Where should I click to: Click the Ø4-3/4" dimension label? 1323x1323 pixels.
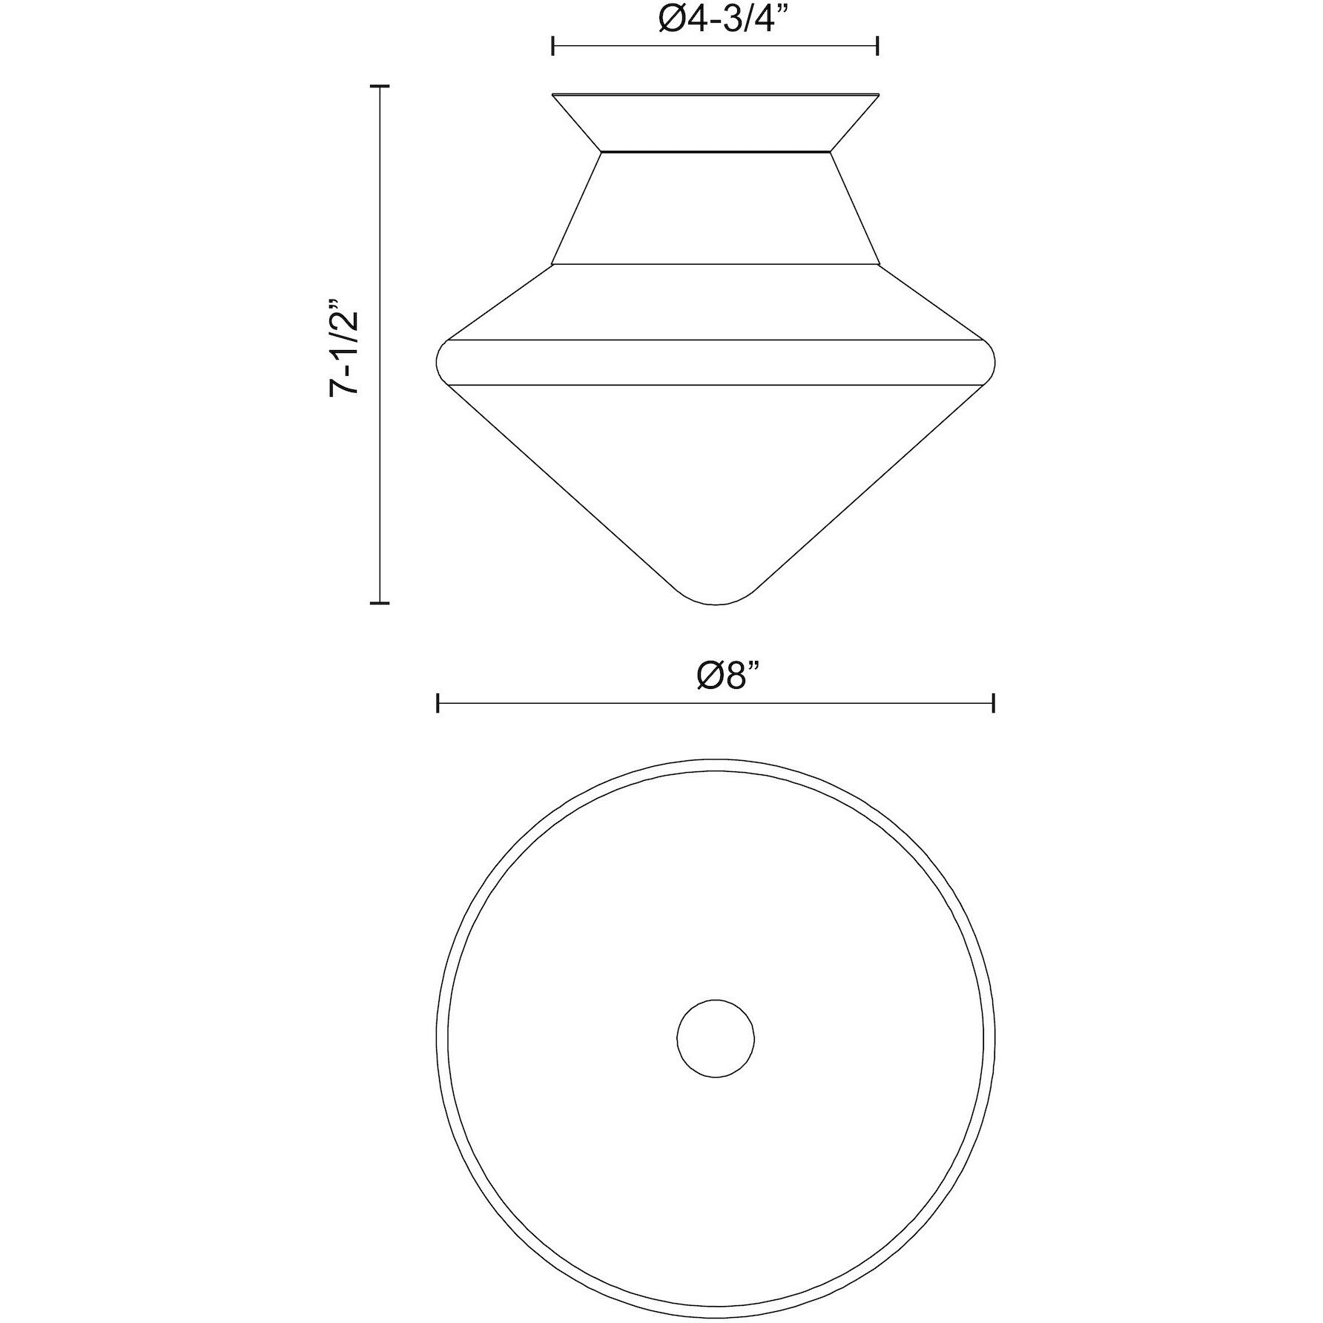coord(716,20)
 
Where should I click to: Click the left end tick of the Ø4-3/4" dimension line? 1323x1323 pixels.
coord(553,46)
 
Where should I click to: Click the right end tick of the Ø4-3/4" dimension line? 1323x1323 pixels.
coord(878,46)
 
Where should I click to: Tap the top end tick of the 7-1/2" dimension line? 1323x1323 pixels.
coord(380,87)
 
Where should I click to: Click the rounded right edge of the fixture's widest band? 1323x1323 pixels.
coord(993,362)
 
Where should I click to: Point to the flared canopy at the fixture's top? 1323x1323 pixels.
coord(716,122)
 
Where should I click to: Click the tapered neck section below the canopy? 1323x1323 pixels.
coord(716,208)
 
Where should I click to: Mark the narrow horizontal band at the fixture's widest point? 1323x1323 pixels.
coord(716,362)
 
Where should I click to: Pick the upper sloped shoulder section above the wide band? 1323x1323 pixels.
coord(716,301)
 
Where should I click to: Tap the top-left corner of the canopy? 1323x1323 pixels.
coord(553,94)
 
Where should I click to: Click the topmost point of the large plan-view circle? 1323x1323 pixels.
coord(716,759)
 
